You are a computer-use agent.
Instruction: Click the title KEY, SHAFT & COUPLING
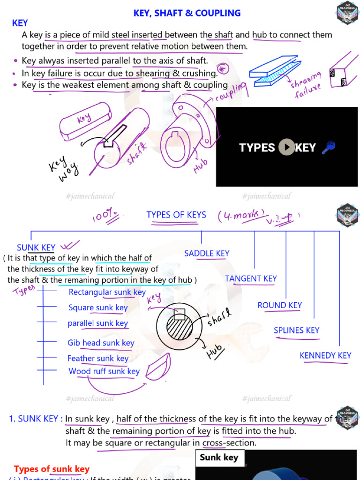187,13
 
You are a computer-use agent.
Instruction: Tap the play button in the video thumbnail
286,147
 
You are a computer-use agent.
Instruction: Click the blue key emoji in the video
328,148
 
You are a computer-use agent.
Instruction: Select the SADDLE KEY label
207,254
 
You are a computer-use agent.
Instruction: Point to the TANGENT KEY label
251,278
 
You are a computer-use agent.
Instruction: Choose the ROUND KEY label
279,305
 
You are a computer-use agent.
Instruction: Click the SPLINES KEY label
296,330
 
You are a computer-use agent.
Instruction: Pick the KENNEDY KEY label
325,355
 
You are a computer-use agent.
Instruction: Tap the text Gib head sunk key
101,343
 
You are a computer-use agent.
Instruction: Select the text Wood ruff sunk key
104,371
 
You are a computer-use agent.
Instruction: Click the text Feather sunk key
98,359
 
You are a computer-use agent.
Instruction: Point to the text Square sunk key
98,308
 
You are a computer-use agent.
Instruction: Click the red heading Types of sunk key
52,469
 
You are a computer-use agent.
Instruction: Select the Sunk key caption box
219,457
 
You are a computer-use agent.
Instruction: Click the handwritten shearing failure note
307,85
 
